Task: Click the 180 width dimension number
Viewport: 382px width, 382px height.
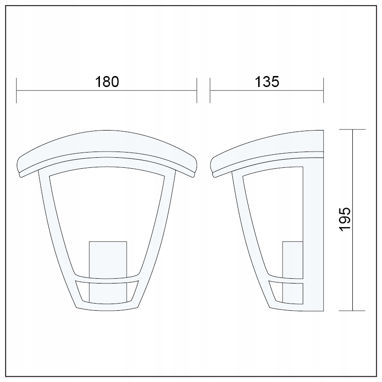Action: tap(107, 82)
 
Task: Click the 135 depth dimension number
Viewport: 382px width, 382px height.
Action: tap(266, 82)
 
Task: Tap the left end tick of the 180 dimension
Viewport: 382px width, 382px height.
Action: tap(17, 90)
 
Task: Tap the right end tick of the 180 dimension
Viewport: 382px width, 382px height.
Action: tap(196, 90)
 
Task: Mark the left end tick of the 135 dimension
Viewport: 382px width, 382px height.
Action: tap(210, 90)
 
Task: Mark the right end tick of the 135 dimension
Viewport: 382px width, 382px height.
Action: tap(323, 90)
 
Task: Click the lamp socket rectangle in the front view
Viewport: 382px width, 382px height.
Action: tap(108, 258)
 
